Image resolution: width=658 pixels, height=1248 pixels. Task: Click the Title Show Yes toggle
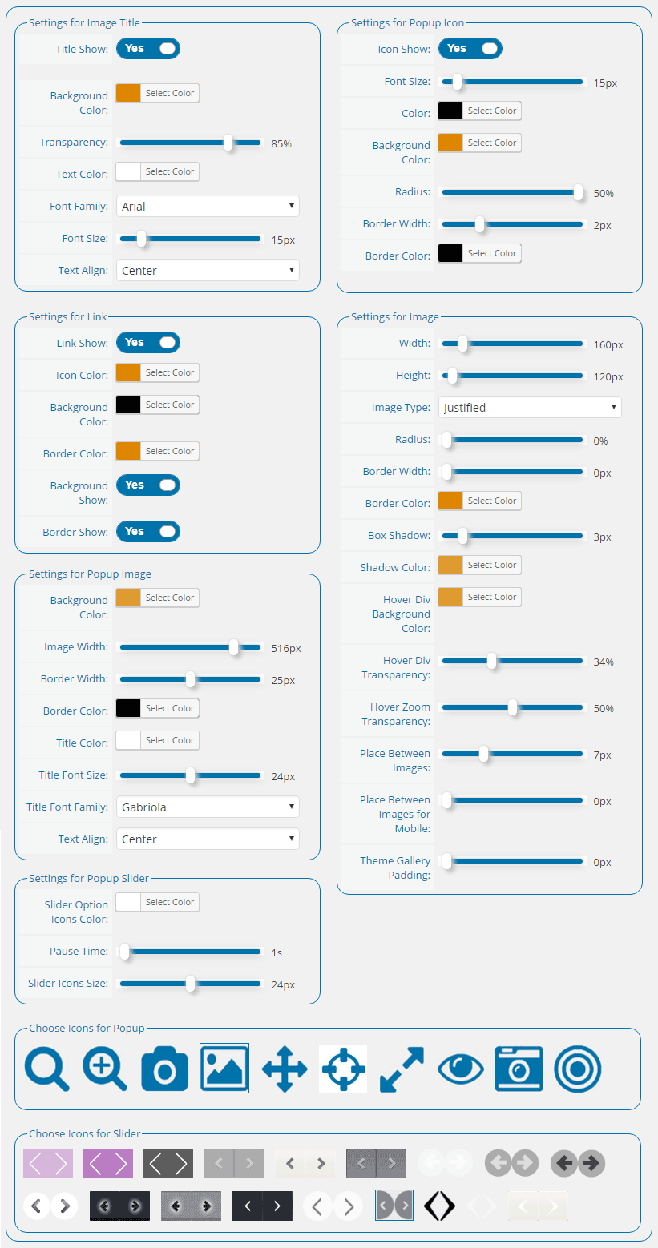147,49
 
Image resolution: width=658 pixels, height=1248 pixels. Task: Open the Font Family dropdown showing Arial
208,206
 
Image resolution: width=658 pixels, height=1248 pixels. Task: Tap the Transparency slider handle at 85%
228,143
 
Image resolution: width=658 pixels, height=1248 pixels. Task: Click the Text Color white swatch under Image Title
128,171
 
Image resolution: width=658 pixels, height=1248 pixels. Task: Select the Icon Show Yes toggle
470,49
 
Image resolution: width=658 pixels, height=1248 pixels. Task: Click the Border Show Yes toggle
147,532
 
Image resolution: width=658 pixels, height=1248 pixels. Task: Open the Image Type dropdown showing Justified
530,407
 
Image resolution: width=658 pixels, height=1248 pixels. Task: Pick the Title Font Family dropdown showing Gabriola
208,807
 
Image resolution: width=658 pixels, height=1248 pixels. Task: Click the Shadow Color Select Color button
492,565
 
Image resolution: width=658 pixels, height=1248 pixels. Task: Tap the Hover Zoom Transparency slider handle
512,707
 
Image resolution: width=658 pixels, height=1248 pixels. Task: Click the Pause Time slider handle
125,952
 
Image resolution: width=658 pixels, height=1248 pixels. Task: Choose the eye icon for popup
461,1069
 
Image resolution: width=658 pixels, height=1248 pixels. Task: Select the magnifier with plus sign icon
105,1069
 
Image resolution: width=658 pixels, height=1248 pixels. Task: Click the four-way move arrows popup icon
285,1069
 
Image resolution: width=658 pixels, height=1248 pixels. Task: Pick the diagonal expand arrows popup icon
402,1069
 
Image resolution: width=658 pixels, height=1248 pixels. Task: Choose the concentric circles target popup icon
578,1069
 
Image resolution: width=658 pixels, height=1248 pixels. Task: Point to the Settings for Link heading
67,317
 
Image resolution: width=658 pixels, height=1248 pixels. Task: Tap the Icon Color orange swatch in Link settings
128,372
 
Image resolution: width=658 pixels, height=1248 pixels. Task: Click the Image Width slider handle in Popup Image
234,647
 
